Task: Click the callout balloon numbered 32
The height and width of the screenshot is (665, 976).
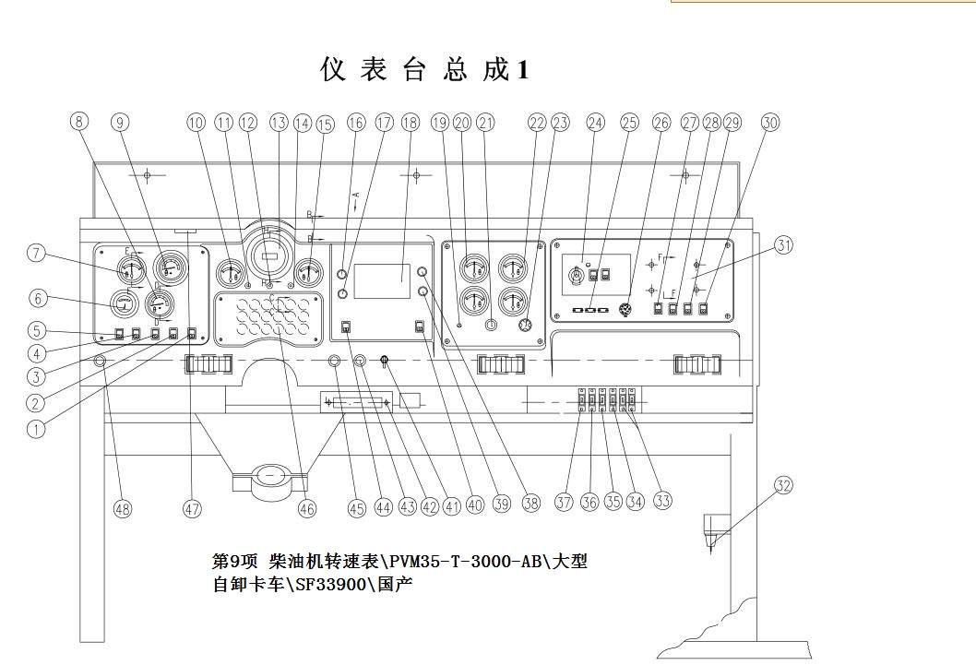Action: coord(783,485)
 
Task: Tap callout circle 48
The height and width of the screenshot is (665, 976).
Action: coord(122,508)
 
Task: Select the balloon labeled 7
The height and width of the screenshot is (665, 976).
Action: coord(36,254)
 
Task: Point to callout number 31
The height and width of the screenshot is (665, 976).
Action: coord(784,245)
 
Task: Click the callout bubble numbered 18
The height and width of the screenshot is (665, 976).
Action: coord(410,123)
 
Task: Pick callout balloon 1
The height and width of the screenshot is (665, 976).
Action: coord(36,428)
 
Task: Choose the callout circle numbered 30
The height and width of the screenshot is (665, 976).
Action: coord(770,123)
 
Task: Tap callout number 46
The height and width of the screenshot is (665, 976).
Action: coord(307,508)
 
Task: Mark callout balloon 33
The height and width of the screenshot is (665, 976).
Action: coord(661,501)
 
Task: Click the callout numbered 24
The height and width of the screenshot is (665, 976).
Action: coord(595,123)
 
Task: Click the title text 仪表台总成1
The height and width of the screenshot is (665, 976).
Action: coord(424,69)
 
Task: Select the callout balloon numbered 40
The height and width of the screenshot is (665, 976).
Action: coord(475,505)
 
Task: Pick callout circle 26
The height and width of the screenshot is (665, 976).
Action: coord(661,123)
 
